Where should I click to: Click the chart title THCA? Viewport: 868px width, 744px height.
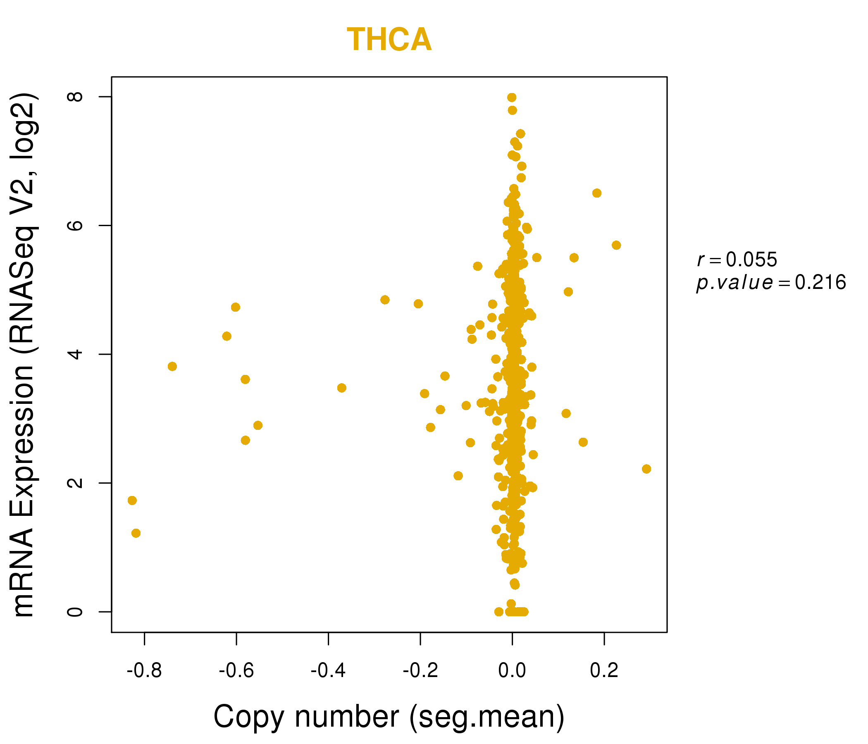click(x=389, y=40)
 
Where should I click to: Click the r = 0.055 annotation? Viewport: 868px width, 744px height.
click(x=737, y=260)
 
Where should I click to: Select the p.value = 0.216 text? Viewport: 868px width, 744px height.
click(x=771, y=283)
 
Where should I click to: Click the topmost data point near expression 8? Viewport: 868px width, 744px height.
click(x=512, y=98)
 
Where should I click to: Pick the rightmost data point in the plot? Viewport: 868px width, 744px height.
click(x=646, y=469)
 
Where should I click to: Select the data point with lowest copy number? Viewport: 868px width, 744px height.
click(x=132, y=501)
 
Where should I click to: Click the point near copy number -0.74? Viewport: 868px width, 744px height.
click(x=172, y=367)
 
